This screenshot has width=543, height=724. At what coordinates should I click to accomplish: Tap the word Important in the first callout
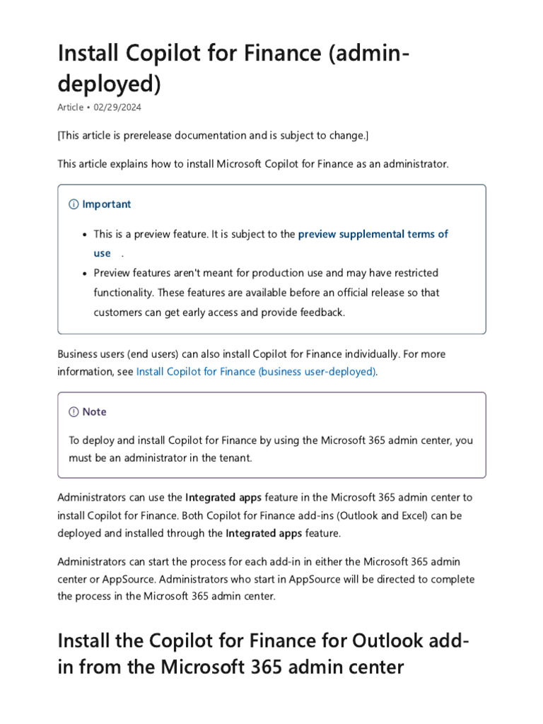[x=106, y=204]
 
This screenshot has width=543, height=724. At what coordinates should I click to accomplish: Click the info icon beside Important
[x=74, y=204]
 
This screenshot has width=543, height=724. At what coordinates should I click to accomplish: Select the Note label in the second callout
[x=94, y=411]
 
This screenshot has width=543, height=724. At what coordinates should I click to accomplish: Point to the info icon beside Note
[x=74, y=411]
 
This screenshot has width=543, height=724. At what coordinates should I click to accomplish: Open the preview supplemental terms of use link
[x=373, y=234]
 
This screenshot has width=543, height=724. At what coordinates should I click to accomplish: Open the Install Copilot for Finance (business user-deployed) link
[x=256, y=371]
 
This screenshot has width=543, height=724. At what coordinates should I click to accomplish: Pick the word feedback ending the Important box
[x=322, y=312]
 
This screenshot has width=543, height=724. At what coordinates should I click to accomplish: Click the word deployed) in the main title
[x=109, y=83]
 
